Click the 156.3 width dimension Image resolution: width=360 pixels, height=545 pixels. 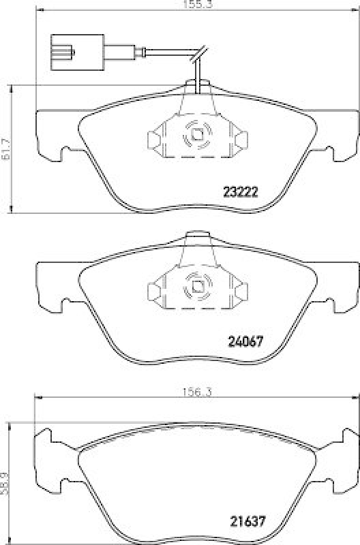tap(195, 394)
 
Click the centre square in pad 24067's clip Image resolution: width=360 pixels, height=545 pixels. tap(196, 287)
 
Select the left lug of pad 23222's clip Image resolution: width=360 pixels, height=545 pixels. tap(154, 140)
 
